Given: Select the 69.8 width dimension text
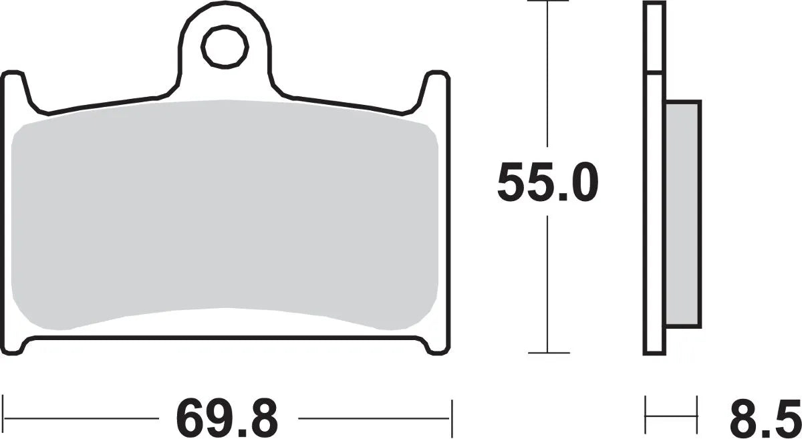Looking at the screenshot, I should coord(227,419).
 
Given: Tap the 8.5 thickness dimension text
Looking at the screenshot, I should coord(763,419).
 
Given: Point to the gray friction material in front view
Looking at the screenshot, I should coord(225,214).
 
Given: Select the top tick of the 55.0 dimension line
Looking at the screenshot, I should coord(547,2).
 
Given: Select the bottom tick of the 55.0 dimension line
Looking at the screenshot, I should coord(547,352).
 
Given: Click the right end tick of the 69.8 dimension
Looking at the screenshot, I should coord(452,419).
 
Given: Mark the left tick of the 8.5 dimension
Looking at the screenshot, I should coord(646,414).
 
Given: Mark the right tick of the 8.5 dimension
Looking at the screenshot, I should coord(697,414).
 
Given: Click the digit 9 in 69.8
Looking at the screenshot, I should coord(212,419).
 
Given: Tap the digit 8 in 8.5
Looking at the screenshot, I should coord(741,419).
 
